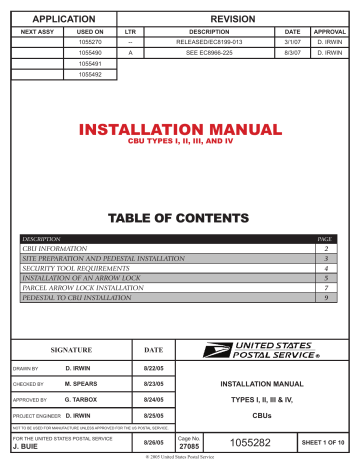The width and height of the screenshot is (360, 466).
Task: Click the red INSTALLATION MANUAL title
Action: coord(180,130)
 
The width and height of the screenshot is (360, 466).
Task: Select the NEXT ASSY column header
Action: coord(37,32)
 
